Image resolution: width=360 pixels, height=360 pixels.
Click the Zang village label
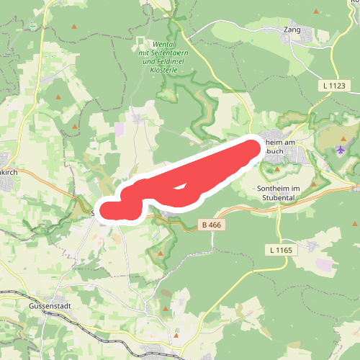tap(292, 31)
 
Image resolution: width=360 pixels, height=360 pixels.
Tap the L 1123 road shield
tap(334, 86)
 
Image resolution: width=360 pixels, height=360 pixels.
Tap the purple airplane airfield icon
tap(339, 150)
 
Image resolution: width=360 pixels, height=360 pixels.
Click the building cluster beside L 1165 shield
tap(311, 246)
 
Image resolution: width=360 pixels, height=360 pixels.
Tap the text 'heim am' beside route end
tap(282, 143)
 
